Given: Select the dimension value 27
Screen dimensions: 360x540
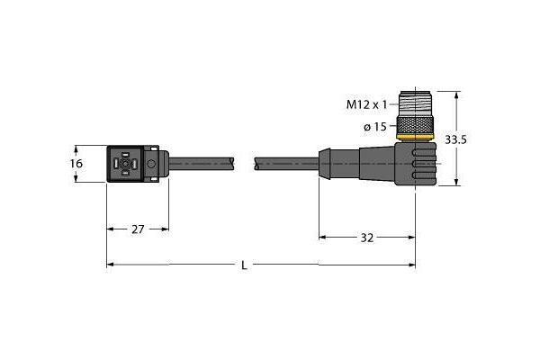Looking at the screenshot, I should point(139,229).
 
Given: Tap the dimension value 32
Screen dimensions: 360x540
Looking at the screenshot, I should point(367,238).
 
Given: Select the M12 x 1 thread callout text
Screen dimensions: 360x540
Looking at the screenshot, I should point(371,104).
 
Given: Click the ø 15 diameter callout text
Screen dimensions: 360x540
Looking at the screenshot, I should point(375,127).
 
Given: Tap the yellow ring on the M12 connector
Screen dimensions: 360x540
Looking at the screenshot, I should point(416,136).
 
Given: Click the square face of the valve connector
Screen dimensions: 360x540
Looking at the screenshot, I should point(126,165).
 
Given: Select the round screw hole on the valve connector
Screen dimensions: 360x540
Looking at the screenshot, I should point(151,164).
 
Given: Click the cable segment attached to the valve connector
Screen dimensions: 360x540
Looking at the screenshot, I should point(202,164).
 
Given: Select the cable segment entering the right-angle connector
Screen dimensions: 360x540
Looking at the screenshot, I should point(286,164).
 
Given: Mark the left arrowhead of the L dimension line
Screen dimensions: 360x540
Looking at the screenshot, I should point(111,265).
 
